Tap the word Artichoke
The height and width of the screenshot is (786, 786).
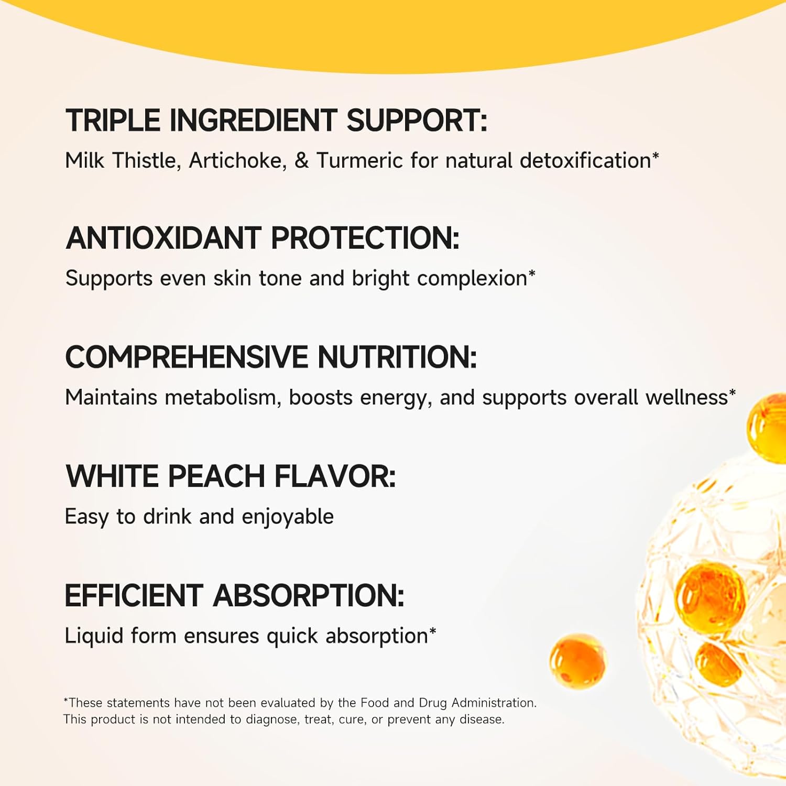click(238, 160)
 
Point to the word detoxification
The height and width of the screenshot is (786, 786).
click(585, 160)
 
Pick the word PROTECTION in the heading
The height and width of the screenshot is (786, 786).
click(365, 238)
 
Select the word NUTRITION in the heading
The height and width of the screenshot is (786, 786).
click(397, 357)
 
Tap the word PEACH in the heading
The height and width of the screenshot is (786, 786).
click(216, 476)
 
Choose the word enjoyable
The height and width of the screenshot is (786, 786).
click(288, 517)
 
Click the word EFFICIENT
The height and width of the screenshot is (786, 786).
click(134, 596)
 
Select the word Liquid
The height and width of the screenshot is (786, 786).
click(94, 636)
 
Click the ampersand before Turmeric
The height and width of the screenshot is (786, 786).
click(301, 160)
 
